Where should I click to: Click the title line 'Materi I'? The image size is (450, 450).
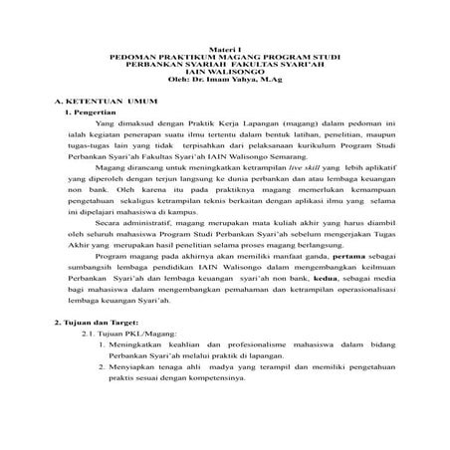(225, 49)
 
